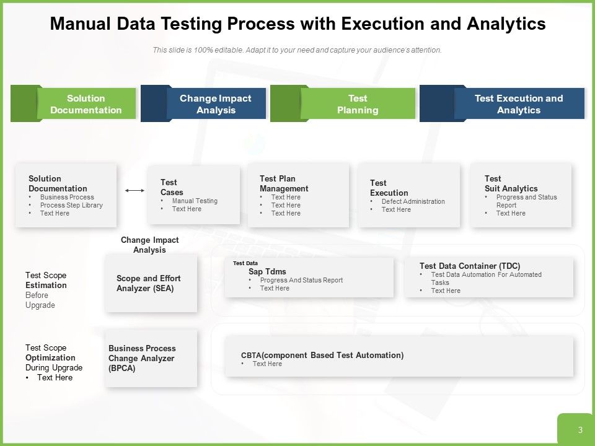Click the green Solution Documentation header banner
point(86,104)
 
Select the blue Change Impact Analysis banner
point(216,104)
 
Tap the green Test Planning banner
point(357,104)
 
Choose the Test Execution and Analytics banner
point(518,104)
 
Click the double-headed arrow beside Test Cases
point(134,191)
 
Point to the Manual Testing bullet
point(195,201)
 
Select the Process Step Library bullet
point(71,205)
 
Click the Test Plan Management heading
point(284,183)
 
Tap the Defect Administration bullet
point(413,201)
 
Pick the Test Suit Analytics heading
point(511,183)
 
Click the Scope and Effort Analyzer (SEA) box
point(151,283)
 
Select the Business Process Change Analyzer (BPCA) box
point(151,358)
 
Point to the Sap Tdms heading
point(267,271)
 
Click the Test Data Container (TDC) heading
point(469,266)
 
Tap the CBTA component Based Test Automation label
point(322,355)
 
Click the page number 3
point(580,430)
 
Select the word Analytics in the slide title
point(507,24)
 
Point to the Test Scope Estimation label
point(46,280)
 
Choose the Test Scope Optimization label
point(50,353)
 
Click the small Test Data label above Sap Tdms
point(245,263)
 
